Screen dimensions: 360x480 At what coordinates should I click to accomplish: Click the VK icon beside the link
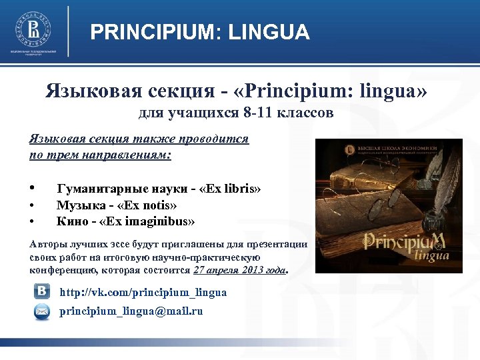(41, 292)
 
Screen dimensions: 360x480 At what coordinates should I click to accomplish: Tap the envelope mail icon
(41, 311)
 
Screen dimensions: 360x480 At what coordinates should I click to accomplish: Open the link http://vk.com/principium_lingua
(143, 292)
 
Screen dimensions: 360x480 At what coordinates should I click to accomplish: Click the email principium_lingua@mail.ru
(131, 311)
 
